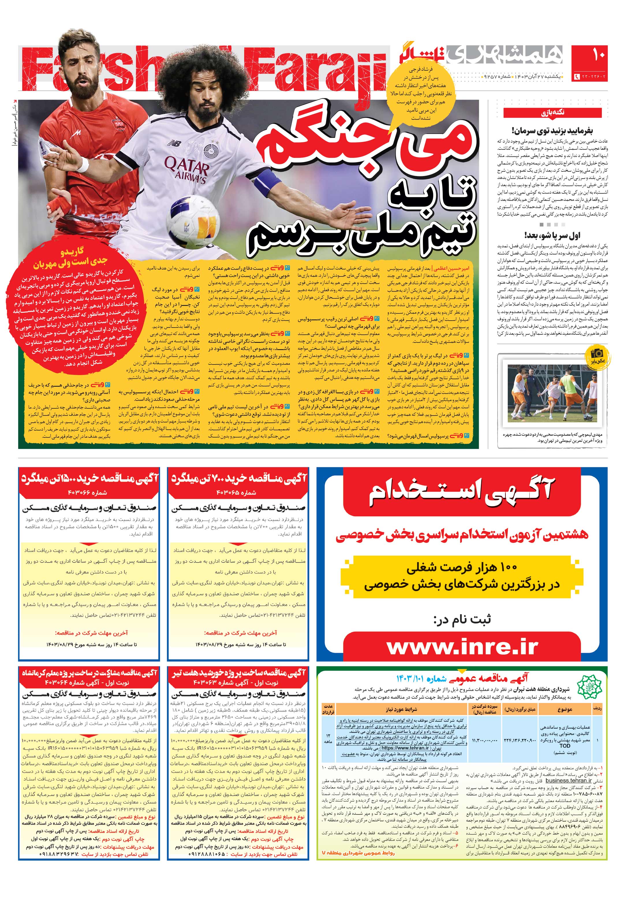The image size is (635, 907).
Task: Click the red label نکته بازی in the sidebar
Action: point(552,113)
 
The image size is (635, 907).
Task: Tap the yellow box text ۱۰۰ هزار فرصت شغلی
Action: point(462,568)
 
